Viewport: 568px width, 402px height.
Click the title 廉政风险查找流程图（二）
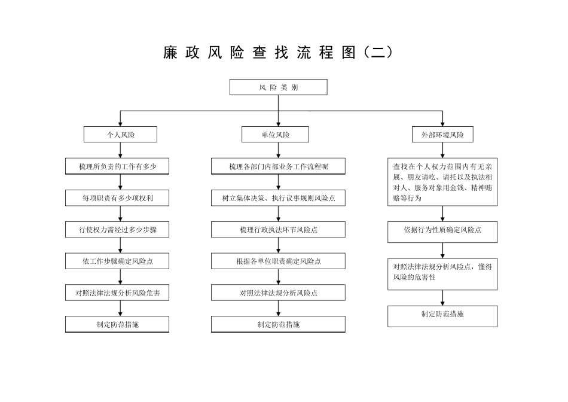pos(278,53)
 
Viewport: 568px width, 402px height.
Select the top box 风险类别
pos(279,87)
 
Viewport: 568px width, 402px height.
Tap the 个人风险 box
pos(120,135)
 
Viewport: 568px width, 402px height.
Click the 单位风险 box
pos(275,135)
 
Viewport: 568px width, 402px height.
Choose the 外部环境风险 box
pos(442,135)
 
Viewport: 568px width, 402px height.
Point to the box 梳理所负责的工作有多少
pos(117,166)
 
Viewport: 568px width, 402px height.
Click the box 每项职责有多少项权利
pos(117,197)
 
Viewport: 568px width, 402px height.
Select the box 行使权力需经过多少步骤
pos(117,229)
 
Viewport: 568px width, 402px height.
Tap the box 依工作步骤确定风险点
pos(117,261)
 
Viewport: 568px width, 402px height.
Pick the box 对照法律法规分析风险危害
pos(117,293)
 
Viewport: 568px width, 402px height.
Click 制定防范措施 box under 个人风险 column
pos(117,324)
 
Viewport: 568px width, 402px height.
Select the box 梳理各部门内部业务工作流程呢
pos(278,166)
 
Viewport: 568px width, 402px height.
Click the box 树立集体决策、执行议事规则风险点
pos(278,197)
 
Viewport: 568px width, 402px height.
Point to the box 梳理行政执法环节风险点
pos(278,229)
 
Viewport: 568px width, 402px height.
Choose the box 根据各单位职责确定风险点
pos(278,261)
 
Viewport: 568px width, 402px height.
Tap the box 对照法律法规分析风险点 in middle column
pos(278,293)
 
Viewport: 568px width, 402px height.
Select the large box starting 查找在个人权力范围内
pos(442,182)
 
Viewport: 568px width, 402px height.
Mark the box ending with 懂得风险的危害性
pos(442,272)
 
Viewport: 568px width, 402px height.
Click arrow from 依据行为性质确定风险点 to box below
pos(442,250)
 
